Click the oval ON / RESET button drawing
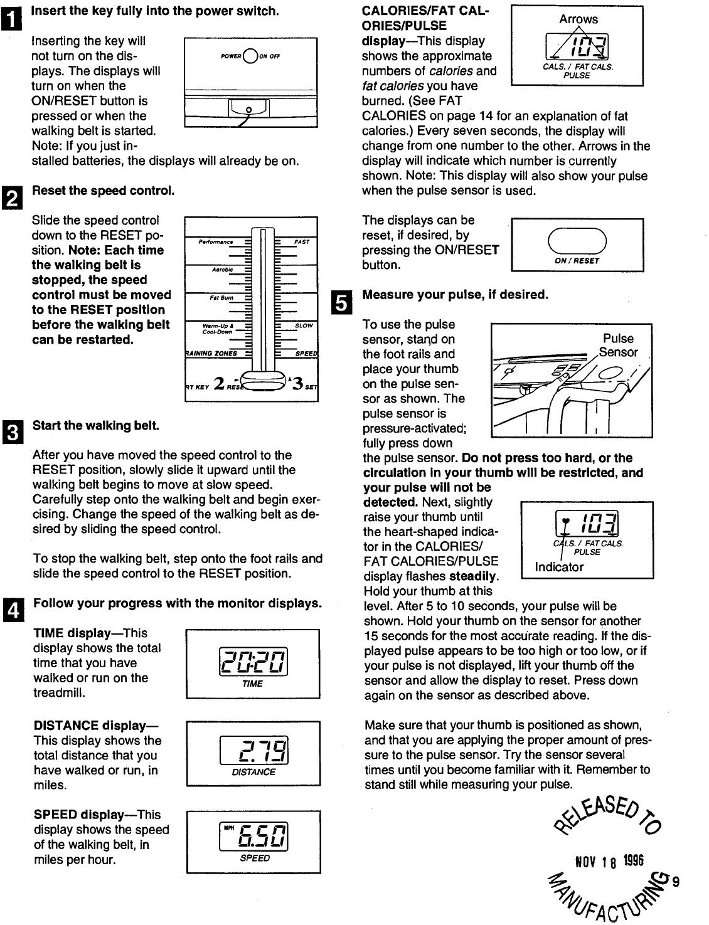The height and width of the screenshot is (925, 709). pyautogui.click(x=577, y=241)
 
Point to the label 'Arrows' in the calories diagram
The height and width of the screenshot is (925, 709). pyautogui.click(x=578, y=19)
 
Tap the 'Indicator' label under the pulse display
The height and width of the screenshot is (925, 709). pyautogui.click(x=559, y=567)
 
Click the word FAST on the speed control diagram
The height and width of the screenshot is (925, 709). pyautogui.click(x=302, y=241)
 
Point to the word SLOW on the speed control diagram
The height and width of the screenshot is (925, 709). pyautogui.click(x=304, y=325)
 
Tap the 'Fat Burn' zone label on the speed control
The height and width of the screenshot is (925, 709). pyautogui.click(x=221, y=298)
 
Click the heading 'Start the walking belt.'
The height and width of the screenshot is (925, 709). pyautogui.click(x=95, y=426)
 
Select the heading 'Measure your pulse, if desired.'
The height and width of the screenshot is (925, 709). pyautogui.click(x=456, y=294)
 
